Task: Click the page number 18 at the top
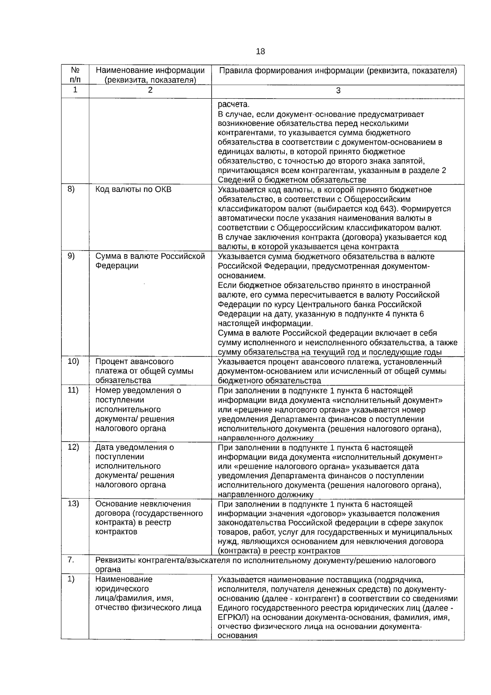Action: click(x=260, y=52)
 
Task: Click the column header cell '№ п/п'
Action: click(x=75, y=75)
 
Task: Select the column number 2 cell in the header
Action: click(x=150, y=90)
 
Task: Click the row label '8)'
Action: click(x=71, y=189)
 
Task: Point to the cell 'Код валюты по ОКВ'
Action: click(x=133, y=190)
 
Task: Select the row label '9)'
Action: click(x=71, y=256)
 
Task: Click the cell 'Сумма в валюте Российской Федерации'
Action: click(x=150, y=261)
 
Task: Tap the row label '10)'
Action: click(x=73, y=361)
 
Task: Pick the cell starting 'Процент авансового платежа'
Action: click(x=144, y=371)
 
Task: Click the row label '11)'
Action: click(x=73, y=390)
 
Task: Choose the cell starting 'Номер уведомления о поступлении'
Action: click(x=138, y=409)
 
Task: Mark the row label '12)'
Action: click(x=73, y=447)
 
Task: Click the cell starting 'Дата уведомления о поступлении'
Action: click(x=135, y=466)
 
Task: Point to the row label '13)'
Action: click(x=73, y=503)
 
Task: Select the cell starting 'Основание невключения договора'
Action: click(x=149, y=518)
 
